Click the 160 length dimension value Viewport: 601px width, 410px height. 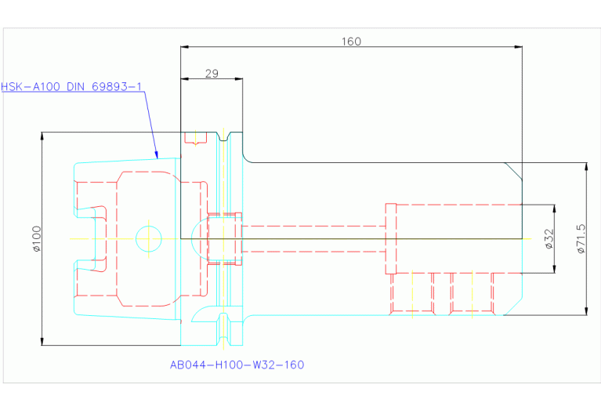pyautogui.click(x=351, y=42)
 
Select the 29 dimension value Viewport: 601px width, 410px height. pyautogui.click(x=212, y=73)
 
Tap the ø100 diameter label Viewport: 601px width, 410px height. pyautogui.click(x=37, y=238)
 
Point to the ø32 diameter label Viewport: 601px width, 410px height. pyautogui.click(x=549, y=238)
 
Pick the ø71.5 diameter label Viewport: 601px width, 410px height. pyautogui.click(x=581, y=238)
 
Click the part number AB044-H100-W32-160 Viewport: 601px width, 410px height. pyautogui.click(x=237, y=365)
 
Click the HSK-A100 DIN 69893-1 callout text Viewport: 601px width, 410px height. pyautogui.click(x=71, y=87)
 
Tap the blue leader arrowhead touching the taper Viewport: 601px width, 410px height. pyautogui.click(x=157, y=154)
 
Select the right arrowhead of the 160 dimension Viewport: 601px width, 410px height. pyautogui.click(x=518, y=47)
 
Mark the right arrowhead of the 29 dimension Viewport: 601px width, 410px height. pyautogui.click(x=238, y=79)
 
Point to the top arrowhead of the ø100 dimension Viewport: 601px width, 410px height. pyautogui.click(x=42, y=136)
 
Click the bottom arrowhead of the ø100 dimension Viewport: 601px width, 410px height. pyautogui.click(x=42, y=341)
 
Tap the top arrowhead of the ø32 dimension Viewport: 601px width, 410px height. pyautogui.click(x=555, y=209)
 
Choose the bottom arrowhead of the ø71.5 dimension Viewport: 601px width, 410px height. pyautogui.click(x=586, y=310)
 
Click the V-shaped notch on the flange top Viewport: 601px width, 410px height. pyautogui.click(x=223, y=136)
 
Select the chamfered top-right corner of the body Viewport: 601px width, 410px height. pyautogui.click(x=513, y=171)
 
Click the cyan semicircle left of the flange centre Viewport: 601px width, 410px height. pyautogui.click(x=199, y=238)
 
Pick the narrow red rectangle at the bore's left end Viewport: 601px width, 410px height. pyautogui.click(x=390, y=238)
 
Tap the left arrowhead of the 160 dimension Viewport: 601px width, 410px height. pyautogui.click(x=185, y=47)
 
